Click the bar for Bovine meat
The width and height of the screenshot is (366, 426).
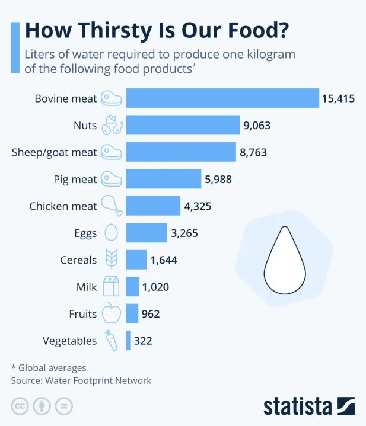[x=222, y=98]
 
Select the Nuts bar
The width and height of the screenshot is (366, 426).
[x=183, y=125]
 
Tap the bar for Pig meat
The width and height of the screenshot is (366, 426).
[x=164, y=179]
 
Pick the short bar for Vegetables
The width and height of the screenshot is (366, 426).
[x=128, y=341]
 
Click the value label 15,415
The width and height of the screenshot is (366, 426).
[x=338, y=98]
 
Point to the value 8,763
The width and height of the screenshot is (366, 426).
[x=253, y=152]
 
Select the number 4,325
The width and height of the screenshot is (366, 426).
[x=198, y=206]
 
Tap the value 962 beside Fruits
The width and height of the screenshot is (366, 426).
[x=150, y=314]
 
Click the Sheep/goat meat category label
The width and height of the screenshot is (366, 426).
[x=54, y=152]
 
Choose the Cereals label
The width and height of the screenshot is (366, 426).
[x=78, y=260]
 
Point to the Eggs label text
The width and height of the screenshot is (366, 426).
[x=86, y=233]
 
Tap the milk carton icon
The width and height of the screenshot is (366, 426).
[x=111, y=287]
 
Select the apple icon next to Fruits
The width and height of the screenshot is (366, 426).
[x=111, y=313]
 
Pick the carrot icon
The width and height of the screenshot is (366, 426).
[x=110, y=340]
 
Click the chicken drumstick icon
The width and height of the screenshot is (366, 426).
[x=112, y=206]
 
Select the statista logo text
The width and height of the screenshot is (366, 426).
[x=298, y=406]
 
